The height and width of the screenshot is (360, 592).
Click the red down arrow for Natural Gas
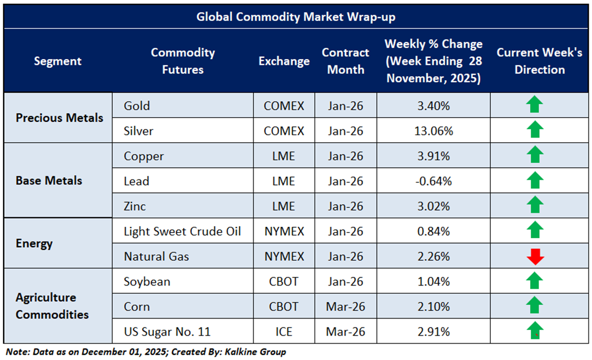pyautogui.click(x=535, y=256)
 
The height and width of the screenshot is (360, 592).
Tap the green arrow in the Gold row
pyautogui.click(x=534, y=105)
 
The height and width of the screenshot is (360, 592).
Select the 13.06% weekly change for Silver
pyautogui.click(x=433, y=131)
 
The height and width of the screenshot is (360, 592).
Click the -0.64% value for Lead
pyautogui.click(x=433, y=181)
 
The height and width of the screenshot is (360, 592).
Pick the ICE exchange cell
pyautogui.click(x=284, y=332)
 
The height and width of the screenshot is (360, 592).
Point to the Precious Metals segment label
pyautogui.click(x=59, y=118)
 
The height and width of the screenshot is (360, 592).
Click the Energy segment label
pyautogui.click(x=34, y=243)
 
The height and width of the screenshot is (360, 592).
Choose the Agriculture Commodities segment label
pyautogui.click(x=52, y=306)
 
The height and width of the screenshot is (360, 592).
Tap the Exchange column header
pyautogui.click(x=284, y=61)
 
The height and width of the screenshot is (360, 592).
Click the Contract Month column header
pyautogui.click(x=346, y=61)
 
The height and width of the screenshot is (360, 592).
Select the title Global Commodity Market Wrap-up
pyautogui.click(x=296, y=17)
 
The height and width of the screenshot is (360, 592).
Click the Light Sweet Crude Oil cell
pyautogui.click(x=182, y=231)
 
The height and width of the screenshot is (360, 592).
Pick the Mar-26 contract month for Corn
pyautogui.click(x=346, y=306)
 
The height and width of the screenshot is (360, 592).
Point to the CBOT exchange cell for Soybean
pyautogui.click(x=284, y=281)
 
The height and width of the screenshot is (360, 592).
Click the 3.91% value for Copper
pyautogui.click(x=433, y=156)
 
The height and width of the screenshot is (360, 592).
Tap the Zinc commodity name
pyautogui.click(x=135, y=206)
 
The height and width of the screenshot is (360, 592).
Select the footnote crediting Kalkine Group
pyautogui.click(x=146, y=352)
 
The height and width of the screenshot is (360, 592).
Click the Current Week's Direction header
pyautogui.click(x=539, y=61)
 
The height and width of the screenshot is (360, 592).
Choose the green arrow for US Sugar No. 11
pyautogui.click(x=535, y=331)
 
